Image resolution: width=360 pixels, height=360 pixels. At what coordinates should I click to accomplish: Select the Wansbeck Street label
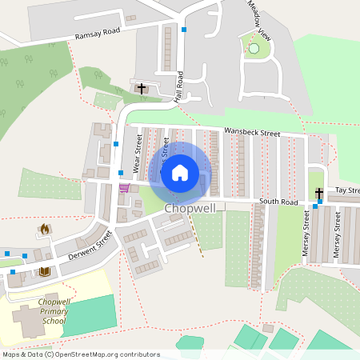(x=252, y=133)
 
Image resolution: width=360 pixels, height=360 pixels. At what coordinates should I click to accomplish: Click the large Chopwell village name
(x=189, y=209)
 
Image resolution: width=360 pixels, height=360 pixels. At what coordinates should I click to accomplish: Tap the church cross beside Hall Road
(x=142, y=88)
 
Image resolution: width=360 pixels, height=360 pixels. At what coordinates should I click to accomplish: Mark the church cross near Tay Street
(x=318, y=193)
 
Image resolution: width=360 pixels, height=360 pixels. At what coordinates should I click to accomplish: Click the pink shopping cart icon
(x=124, y=189)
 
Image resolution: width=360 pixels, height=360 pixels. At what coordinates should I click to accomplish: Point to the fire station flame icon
(x=44, y=229)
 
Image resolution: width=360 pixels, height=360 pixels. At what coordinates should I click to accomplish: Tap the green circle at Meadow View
(x=254, y=49)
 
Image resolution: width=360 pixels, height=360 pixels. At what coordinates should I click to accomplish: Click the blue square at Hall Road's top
(x=184, y=30)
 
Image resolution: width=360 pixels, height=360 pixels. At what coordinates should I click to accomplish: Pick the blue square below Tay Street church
(x=315, y=206)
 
